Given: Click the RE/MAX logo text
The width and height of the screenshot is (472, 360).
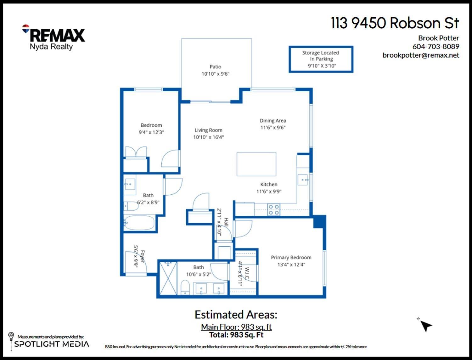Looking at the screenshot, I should point(57,35).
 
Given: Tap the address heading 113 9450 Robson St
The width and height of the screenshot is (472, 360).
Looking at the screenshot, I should point(395,23).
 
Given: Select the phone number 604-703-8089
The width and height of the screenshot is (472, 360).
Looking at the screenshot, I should point(435,47).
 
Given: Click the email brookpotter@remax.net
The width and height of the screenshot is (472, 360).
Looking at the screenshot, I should point(421,55).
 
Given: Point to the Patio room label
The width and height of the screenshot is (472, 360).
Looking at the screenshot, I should point(215,67).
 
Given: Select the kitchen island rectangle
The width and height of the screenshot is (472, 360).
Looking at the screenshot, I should point(256,164).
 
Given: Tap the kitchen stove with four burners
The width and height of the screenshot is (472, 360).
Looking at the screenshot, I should point(273,210).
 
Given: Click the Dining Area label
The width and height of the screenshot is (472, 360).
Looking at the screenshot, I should point(273,121).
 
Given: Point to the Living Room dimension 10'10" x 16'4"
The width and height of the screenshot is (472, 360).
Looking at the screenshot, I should point(208,137).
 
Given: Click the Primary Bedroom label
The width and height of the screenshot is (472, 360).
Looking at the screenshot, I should point(291,258).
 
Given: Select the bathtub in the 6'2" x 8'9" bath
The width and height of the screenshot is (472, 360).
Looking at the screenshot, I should point(139,223).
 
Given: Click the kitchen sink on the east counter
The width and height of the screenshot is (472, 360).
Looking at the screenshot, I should point(303,180).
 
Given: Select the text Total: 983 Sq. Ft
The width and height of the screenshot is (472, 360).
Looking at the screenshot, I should point(236,335).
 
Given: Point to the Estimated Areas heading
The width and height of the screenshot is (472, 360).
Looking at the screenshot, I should point(236,315).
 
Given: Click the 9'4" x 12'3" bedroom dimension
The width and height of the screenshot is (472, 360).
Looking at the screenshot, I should point(151,132).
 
